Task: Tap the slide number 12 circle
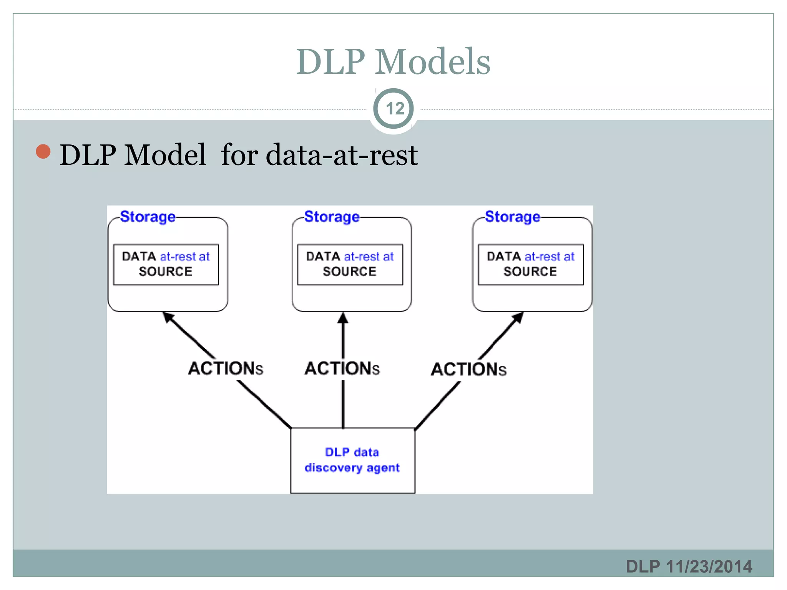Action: pos(393,109)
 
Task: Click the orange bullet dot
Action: pos(43,151)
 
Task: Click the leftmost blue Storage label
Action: pos(148,217)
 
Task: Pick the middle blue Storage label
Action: pos(332,217)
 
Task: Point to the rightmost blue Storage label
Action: pos(512,217)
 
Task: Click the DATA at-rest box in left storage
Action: pos(166,265)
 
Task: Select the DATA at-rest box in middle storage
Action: pos(350,265)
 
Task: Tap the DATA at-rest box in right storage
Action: pos(531,265)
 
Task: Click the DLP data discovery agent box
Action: pos(352,460)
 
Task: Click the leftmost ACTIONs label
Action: pos(226,368)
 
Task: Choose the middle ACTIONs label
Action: pos(342,368)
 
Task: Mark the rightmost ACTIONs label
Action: pos(468,370)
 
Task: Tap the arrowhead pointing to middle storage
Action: pos(343,318)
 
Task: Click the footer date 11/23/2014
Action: pos(709,567)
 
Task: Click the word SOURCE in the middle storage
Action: pos(349,272)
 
